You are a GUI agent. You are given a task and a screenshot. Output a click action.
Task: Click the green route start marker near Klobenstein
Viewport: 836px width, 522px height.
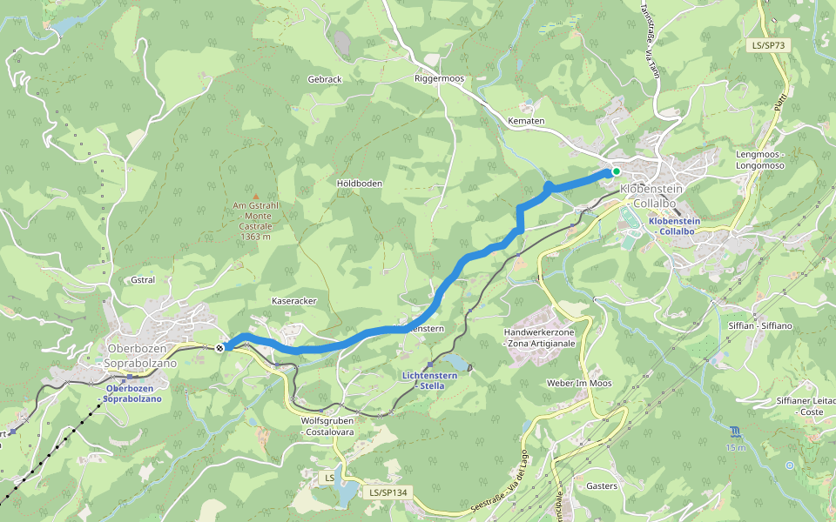tap(615, 171)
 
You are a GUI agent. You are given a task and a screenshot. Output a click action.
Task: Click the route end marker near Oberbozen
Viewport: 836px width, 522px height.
tap(219, 347)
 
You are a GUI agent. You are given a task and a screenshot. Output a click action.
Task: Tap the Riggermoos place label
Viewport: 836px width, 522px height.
tap(439, 79)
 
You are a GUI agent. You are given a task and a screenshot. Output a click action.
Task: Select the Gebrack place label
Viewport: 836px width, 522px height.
tap(325, 79)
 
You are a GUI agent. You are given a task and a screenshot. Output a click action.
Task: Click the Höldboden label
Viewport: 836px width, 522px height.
tap(360, 184)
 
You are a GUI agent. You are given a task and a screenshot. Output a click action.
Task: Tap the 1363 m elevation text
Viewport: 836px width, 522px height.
tap(255, 237)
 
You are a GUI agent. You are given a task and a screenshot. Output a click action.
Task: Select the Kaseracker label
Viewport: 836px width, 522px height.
tap(294, 300)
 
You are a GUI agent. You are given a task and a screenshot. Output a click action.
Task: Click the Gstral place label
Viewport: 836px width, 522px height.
tap(141, 280)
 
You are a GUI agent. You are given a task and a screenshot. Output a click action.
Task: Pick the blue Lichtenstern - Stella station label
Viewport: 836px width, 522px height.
tap(429, 380)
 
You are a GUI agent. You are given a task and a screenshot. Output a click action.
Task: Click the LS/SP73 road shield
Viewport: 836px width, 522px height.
tap(770, 45)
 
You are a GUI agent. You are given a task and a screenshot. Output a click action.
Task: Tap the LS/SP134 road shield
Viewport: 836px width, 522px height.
tap(387, 492)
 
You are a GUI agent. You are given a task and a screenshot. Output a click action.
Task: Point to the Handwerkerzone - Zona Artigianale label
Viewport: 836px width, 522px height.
tap(540, 338)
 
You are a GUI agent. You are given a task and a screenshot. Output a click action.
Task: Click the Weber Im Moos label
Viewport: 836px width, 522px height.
tap(579, 383)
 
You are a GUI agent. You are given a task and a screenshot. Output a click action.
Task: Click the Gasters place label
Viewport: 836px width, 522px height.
tap(602, 485)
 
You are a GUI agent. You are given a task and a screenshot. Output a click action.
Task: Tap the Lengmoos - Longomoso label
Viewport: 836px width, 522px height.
tap(760, 159)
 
